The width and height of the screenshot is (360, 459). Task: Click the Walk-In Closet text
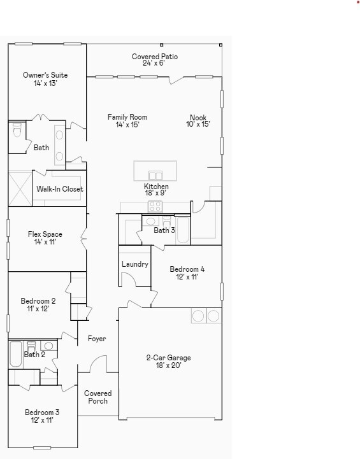click(x=60, y=189)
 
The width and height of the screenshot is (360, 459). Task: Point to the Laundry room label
click(x=134, y=264)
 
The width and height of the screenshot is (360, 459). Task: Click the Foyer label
click(x=97, y=339)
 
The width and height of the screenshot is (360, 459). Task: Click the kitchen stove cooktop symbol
click(x=155, y=206)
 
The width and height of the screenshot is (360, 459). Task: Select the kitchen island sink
click(x=155, y=175)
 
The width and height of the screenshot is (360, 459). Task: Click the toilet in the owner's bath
click(x=17, y=131)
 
